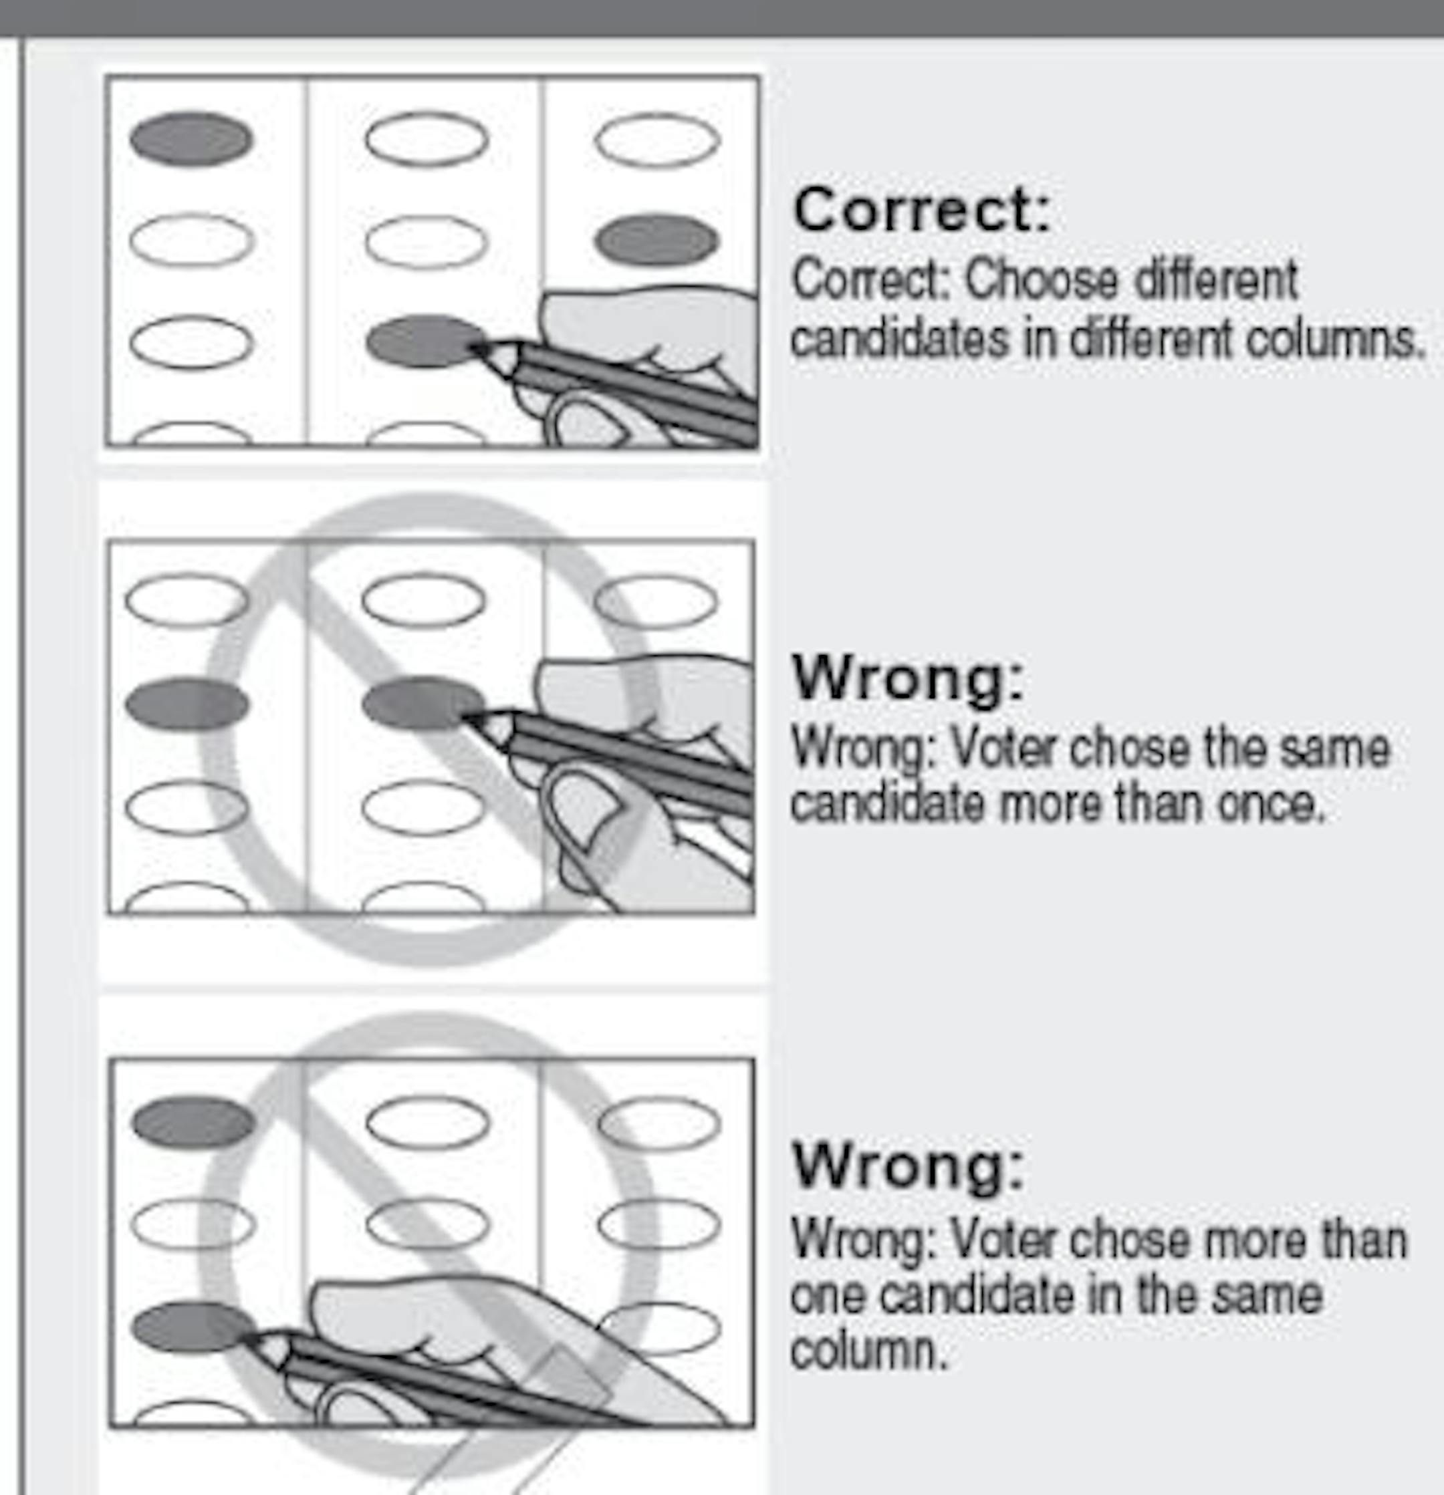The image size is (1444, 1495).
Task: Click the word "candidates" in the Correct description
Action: pos(899,339)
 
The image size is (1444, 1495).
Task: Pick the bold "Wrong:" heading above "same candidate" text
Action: pos(908,677)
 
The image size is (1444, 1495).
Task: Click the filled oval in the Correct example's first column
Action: pos(191,140)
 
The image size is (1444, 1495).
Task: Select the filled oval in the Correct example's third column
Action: pos(656,239)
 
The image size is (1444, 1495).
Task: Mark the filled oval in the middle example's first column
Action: pos(187,704)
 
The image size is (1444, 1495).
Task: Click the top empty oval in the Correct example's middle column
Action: pos(427,140)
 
